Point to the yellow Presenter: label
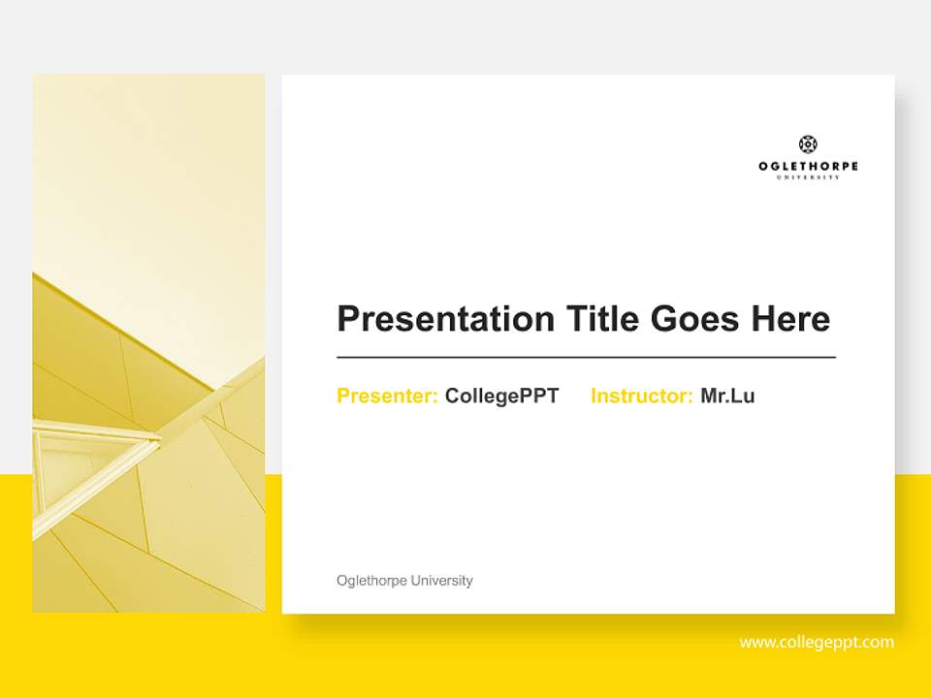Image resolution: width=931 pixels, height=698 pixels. pyautogui.click(x=387, y=397)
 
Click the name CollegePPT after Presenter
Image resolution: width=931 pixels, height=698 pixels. pyautogui.click(x=501, y=397)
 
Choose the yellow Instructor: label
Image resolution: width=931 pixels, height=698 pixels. pyautogui.click(x=641, y=397)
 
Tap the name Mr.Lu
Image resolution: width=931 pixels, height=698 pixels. pyautogui.click(x=727, y=397)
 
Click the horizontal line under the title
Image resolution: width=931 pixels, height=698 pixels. pyautogui.click(x=586, y=358)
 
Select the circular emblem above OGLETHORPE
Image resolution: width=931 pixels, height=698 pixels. pyautogui.click(x=808, y=144)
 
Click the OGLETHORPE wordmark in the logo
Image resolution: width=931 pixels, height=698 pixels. pyautogui.click(x=808, y=167)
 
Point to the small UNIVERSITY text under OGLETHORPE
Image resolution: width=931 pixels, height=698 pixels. pyautogui.click(x=808, y=177)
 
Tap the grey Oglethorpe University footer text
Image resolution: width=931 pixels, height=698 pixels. pyautogui.click(x=404, y=581)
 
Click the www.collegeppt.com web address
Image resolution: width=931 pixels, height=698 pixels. pyautogui.click(x=817, y=643)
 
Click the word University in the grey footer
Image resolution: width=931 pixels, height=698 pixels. pyautogui.click(x=441, y=581)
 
